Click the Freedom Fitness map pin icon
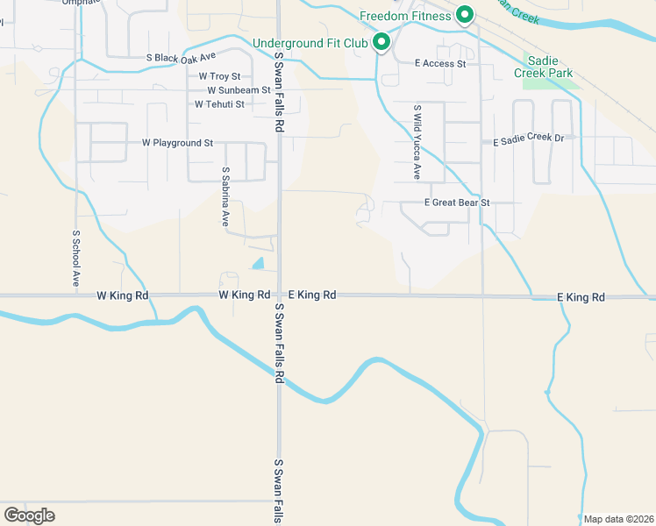point(465,15)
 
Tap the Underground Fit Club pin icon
point(381,42)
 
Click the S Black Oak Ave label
point(181,58)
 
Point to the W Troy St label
point(219,77)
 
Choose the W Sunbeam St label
point(239,90)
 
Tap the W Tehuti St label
point(219,104)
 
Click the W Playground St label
point(178,142)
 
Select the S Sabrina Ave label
point(225,197)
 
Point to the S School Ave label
point(76,259)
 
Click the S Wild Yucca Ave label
point(417,142)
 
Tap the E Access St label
point(440,63)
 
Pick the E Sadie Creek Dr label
point(534,139)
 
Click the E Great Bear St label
point(456,203)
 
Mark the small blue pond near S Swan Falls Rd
point(258,263)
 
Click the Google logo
point(29,515)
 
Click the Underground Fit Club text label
point(311,43)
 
